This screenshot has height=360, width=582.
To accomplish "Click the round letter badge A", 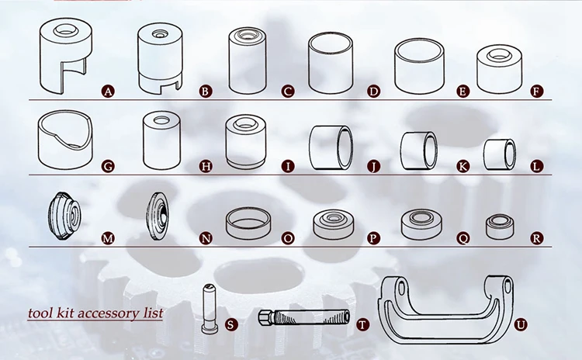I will coord(109,92).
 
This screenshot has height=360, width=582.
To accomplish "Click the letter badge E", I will coord(463,92).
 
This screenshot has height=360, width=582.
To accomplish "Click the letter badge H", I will coord(205,165).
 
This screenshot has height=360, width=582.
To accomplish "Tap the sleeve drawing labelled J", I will coord(332,147).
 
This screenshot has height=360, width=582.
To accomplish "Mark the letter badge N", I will coord(205,238).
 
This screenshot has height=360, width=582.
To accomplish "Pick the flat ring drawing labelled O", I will coord(250,223).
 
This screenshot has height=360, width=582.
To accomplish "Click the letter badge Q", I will coord(463,238).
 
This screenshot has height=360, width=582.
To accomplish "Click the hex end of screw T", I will coord(265,318).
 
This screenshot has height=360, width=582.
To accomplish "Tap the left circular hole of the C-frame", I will coord(401,289).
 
